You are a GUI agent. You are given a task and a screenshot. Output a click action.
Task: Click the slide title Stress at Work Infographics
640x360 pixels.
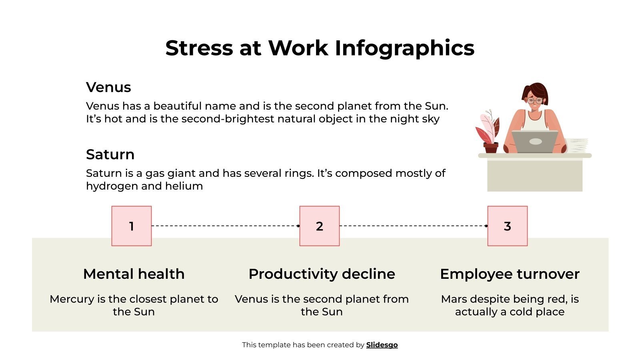coord(320,48)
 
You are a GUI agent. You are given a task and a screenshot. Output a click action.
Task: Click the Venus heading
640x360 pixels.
coord(108,87)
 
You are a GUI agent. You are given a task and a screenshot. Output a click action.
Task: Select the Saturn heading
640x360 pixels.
coord(110,154)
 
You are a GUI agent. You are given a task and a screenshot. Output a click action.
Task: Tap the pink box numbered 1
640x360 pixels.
coord(132,226)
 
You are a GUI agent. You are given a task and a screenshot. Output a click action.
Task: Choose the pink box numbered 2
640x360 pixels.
coord(320,226)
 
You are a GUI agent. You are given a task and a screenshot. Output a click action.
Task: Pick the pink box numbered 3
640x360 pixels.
coord(507,226)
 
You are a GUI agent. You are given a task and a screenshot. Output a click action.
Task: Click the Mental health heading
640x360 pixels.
coord(134,274)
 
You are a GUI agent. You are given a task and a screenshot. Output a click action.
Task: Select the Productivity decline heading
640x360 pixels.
coord(322,274)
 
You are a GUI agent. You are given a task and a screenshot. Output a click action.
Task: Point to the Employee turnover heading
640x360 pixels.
coord(510,274)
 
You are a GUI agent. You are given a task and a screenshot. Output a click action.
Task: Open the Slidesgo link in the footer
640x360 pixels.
coord(382,345)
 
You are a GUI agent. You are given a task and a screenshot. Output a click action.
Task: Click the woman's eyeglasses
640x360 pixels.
coord(535,100)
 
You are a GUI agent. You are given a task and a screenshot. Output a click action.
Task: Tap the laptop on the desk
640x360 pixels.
coord(535,142)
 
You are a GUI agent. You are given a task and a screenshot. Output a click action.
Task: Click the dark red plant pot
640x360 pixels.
coord(491,148)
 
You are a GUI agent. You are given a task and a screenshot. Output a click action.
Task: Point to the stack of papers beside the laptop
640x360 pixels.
coord(578,145)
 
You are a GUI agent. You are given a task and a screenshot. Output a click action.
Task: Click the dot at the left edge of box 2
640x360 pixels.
coord(298,226)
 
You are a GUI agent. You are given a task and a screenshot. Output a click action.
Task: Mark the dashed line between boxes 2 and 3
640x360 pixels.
coord(412,226)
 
